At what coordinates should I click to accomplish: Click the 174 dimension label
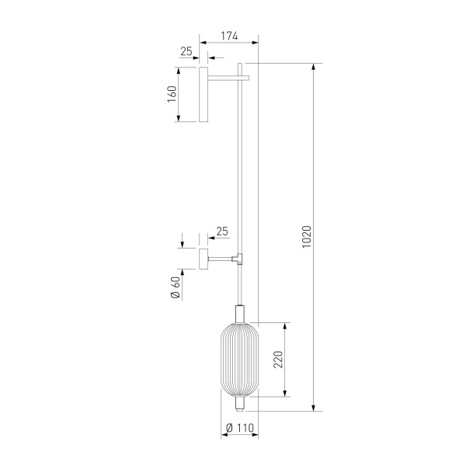point(229,36)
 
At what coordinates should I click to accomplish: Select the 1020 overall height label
point(307,237)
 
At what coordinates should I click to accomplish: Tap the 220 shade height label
point(278,360)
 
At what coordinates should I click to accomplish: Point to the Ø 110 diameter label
point(240,428)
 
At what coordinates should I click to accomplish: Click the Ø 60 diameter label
point(176,287)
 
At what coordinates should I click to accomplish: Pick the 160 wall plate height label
point(172,94)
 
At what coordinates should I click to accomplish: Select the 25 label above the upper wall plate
point(186,51)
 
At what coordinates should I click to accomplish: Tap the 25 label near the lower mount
point(222,231)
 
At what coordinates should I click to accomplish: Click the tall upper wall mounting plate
point(203,94)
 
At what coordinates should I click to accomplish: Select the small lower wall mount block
point(203,259)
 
